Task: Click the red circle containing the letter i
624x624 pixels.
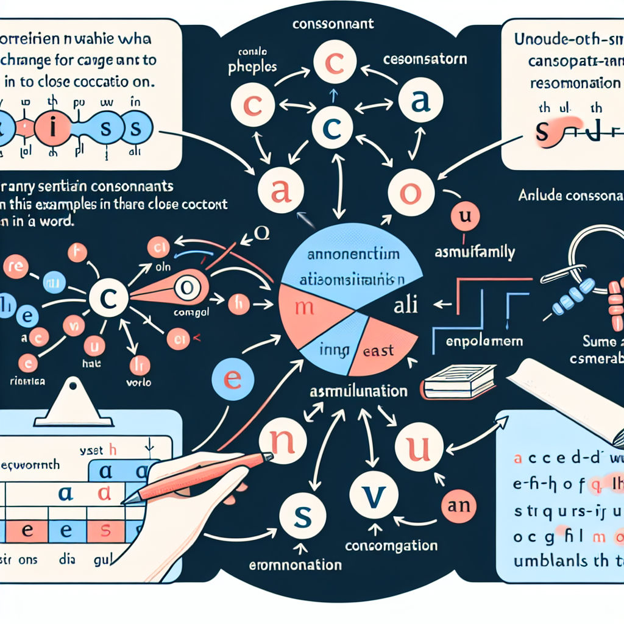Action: coord(53,129)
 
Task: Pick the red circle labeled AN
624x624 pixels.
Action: coord(460,505)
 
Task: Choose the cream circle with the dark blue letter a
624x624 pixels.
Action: coord(417,104)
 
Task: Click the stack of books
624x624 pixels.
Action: coord(453,383)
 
